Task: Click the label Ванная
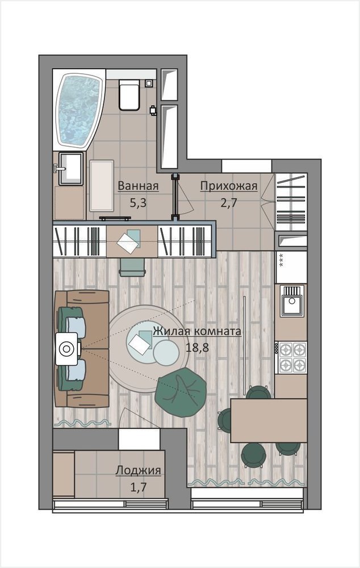click(139, 186)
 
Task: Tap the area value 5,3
click(138, 203)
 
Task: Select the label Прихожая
click(229, 186)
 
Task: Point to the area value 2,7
click(229, 203)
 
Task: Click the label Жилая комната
click(197, 331)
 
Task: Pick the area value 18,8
click(198, 348)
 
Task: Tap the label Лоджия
click(139, 470)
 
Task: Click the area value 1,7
click(138, 487)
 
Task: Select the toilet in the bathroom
click(129, 95)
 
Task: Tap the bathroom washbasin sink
click(70, 169)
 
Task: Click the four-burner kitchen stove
click(291, 358)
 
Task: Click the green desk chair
click(132, 268)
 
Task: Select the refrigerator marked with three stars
click(291, 267)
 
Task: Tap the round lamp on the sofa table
click(66, 349)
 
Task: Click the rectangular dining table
click(269, 420)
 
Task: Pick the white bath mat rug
click(102, 186)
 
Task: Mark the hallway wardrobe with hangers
click(291, 202)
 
